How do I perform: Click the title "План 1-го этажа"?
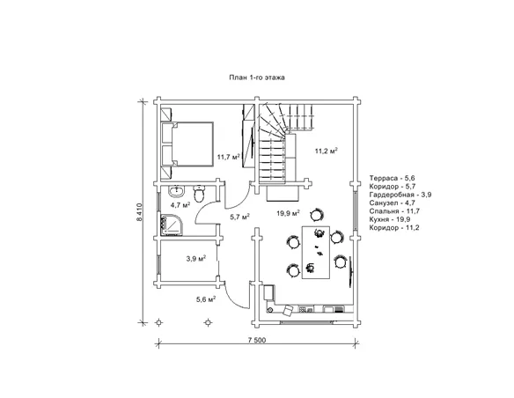[257, 77]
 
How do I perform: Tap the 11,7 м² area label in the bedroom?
[228, 157]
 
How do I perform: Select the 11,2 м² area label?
[327, 151]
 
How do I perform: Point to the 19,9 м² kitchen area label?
[289, 213]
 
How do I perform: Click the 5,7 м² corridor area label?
[240, 217]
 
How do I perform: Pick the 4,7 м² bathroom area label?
[180, 205]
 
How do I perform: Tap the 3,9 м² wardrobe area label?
[196, 258]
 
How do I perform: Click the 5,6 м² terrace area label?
[206, 299]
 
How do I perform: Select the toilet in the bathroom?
[199, 194]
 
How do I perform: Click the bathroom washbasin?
[177, 191]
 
